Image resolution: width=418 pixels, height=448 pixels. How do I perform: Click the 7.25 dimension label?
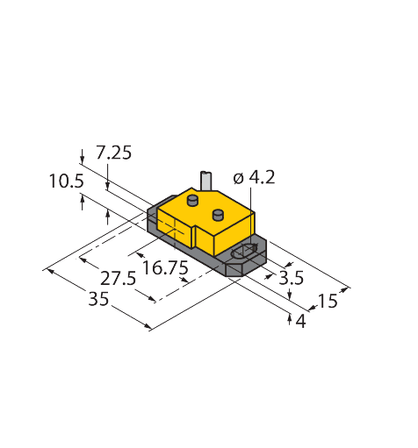click(x=113, y=153)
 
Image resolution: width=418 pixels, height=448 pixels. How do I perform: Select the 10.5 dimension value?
click(x=67, y=181)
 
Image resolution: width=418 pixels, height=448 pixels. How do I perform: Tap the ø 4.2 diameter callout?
click(x=255, y=178)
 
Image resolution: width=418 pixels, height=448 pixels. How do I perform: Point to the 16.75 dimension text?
click(x=165, y=267)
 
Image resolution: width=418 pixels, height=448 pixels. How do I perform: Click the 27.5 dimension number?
click(x=119, y=278)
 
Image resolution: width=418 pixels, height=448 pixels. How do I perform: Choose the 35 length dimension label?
click(x=98, y=299)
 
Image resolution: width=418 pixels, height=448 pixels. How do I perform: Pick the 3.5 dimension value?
click(x=291, y=278)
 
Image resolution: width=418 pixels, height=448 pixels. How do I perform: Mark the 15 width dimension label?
click(x=328, y=301)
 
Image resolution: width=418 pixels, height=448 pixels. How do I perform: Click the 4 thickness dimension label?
click(x=301, y=321)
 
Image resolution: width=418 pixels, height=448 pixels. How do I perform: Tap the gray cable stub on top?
click(x=206, y=181)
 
